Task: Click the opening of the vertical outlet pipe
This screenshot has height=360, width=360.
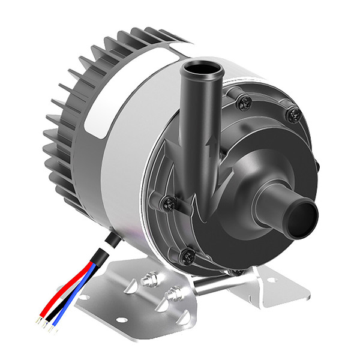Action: [x=200, y=70]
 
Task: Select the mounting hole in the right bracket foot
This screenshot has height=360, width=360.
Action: [x=272, y=280]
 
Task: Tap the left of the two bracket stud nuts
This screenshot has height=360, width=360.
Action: [x=146, y=280]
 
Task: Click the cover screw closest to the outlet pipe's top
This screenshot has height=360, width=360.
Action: [x=242, y=103]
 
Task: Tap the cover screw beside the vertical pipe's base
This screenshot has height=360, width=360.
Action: [x=169, y=202]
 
